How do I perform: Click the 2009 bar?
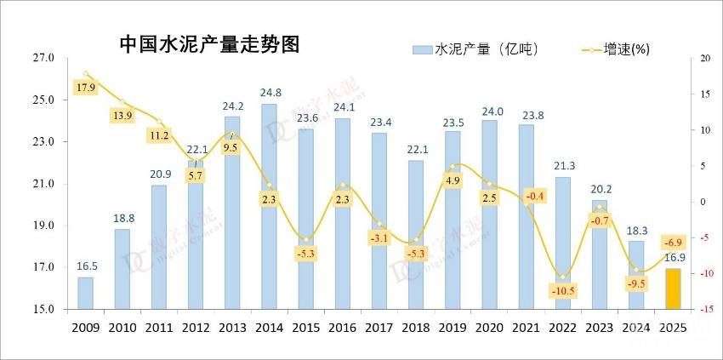point(86,293)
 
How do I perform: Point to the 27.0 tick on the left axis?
point(43,58)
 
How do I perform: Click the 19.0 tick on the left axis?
point(43,226)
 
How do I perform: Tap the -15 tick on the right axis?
point(703,309)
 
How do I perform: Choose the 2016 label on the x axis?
point(342,328)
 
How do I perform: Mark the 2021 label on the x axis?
point(525,328)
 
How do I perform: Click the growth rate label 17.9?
point(86,89)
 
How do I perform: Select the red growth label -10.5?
point(563,290)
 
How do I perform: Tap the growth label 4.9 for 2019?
point(453,180)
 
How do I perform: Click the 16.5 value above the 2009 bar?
point(86,266)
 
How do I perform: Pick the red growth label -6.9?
point(673,243)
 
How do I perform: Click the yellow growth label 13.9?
point(122,115)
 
